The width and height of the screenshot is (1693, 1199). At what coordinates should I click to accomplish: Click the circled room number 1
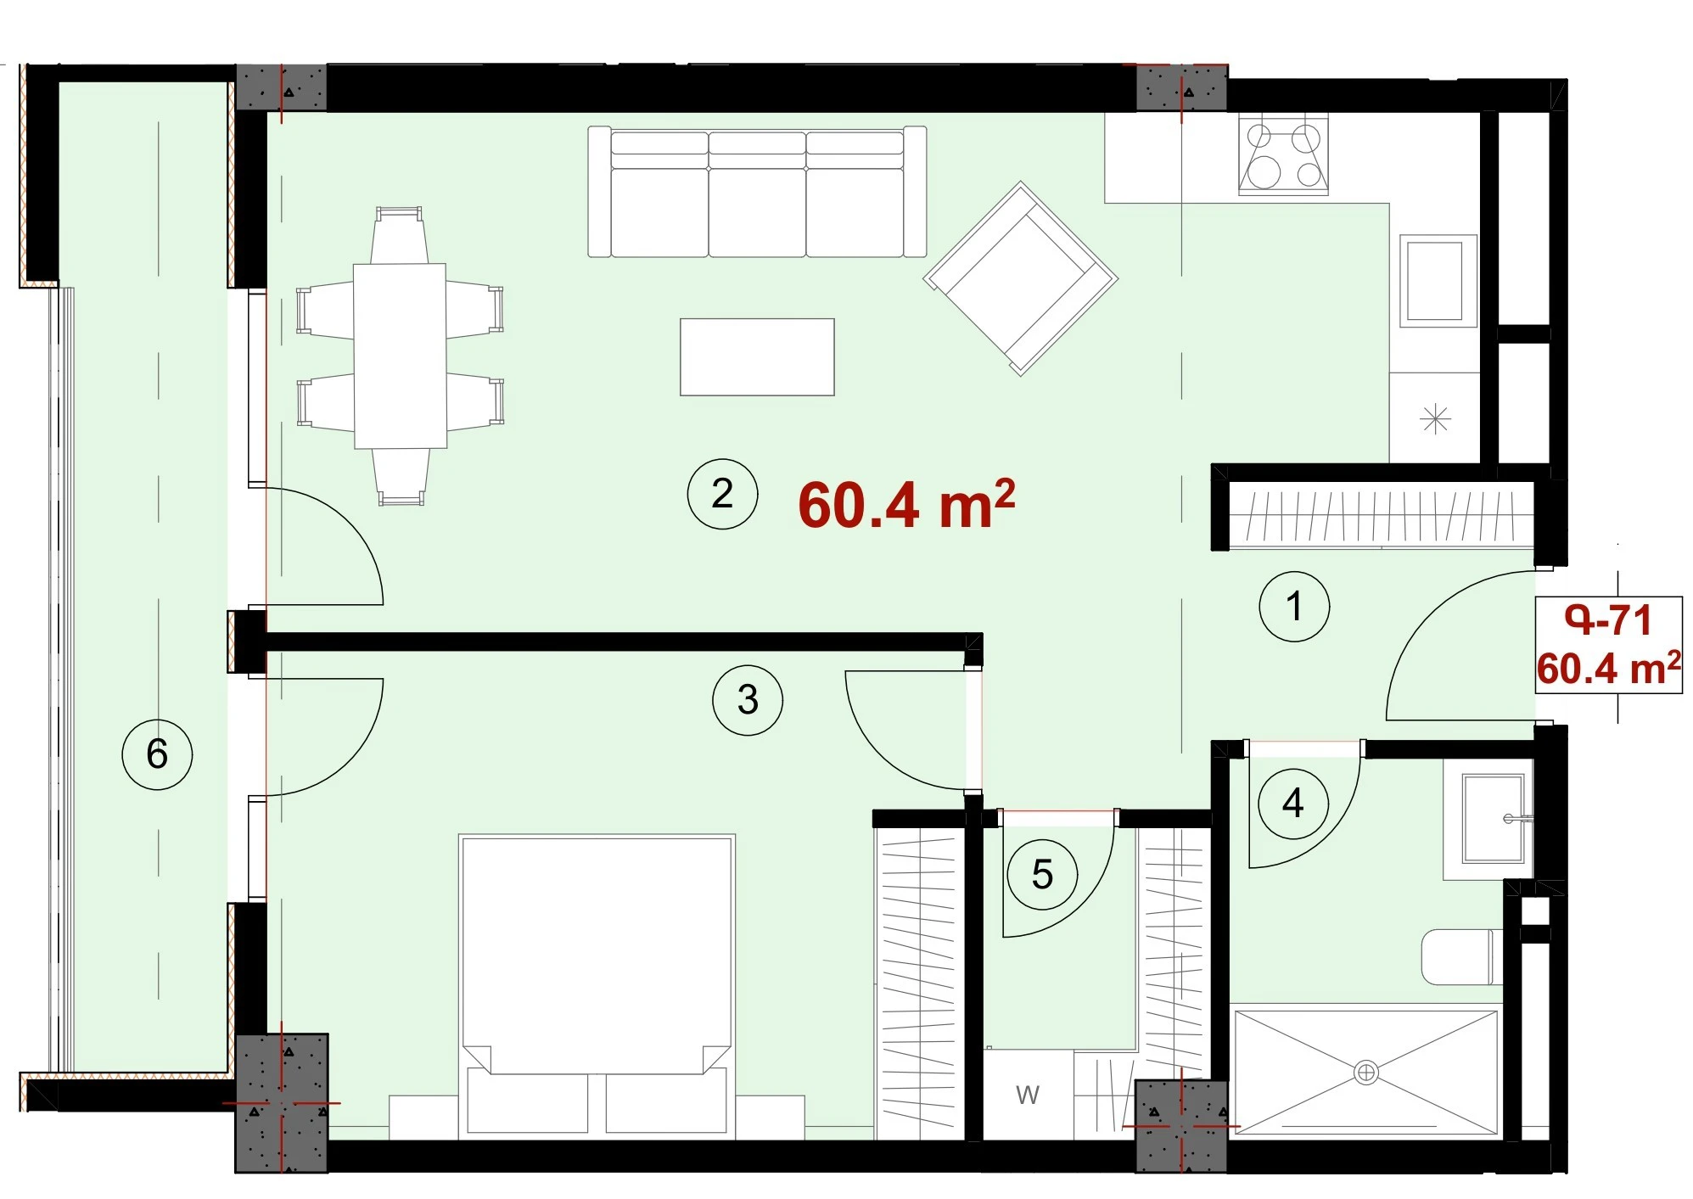click(x=1293, y=606)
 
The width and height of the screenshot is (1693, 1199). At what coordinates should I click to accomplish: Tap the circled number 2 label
click(x=722, y=494)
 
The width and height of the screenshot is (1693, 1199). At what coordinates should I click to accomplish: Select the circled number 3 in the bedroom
click(x=748, y=699)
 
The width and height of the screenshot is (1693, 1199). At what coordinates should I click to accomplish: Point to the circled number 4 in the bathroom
click(x=1292, y=803)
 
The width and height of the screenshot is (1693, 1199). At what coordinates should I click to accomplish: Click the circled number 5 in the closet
click(x=1042, y=874)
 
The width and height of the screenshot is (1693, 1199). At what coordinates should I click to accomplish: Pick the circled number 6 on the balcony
click(x=157, y=754)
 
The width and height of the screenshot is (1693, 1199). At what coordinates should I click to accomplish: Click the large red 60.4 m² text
click(x=906, y=504)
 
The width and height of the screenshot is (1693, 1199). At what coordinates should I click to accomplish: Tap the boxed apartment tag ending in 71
click(x=1609, y=645)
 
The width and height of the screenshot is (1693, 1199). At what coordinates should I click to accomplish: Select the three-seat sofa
click(x=757, y=192)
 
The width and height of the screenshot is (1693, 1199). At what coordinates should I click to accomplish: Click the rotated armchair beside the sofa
click(x=1021, y=277)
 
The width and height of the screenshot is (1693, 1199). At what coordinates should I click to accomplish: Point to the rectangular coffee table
click(x=757, y=357)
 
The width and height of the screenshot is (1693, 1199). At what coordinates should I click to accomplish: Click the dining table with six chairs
click(x=400, y=356)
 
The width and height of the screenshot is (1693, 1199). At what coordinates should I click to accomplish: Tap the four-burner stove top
click(x=1283, y=154)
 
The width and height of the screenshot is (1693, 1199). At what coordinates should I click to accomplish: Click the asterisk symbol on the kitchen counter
click(x=1435, y=418)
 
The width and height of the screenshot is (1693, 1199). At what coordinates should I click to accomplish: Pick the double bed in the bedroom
click(x=597, y=984)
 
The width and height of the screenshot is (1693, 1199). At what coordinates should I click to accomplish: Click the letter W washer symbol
click(x=1028, y=1095)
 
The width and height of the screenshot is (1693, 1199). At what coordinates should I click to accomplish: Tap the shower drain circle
click(x=1366, y=1073)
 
